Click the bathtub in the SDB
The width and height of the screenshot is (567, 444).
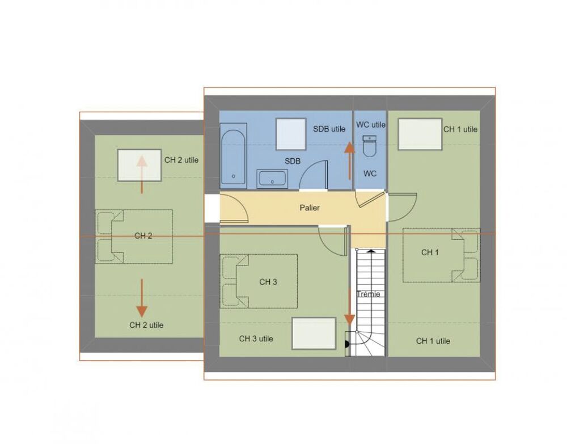234,156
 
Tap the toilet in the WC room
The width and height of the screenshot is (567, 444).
370,146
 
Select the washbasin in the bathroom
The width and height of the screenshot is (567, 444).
272,179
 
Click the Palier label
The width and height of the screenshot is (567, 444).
310,208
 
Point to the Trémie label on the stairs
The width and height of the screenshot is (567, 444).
369,294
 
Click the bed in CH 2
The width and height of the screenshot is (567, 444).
134,236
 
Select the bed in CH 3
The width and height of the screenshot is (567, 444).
259,281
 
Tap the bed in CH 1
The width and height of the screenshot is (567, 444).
442,255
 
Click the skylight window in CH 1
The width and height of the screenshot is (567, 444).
420,134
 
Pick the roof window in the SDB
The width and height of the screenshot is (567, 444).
291,134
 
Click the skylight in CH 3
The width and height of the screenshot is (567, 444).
314,333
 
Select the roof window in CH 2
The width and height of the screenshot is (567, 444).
139,165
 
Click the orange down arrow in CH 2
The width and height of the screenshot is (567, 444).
142,298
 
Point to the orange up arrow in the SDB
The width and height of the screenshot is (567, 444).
349,160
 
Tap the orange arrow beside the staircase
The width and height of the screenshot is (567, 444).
349,307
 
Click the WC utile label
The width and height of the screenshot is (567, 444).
371,125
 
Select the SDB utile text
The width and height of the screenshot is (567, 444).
329,129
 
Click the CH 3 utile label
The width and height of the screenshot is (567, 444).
256,339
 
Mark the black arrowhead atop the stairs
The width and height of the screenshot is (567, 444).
371,250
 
